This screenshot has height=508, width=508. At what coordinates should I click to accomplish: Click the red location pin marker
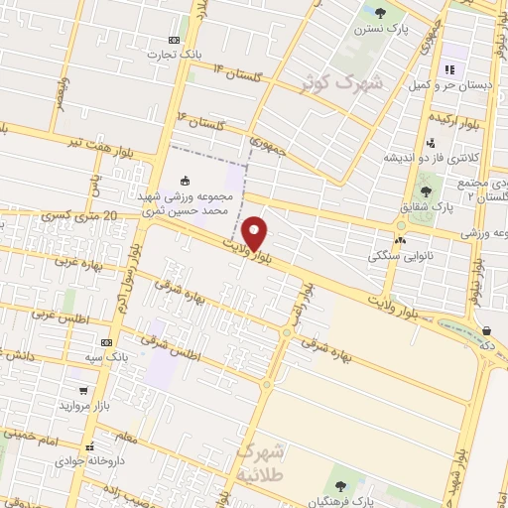(x=255, y=232)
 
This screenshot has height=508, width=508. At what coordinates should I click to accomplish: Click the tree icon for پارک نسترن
(x=380, y=13)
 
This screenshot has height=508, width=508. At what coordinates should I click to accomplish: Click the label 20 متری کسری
(x=81, y=216)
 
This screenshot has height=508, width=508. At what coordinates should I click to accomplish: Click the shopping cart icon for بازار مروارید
(x=82, y=390)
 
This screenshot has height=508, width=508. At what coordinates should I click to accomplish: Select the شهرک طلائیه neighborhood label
(x=261, y=461)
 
